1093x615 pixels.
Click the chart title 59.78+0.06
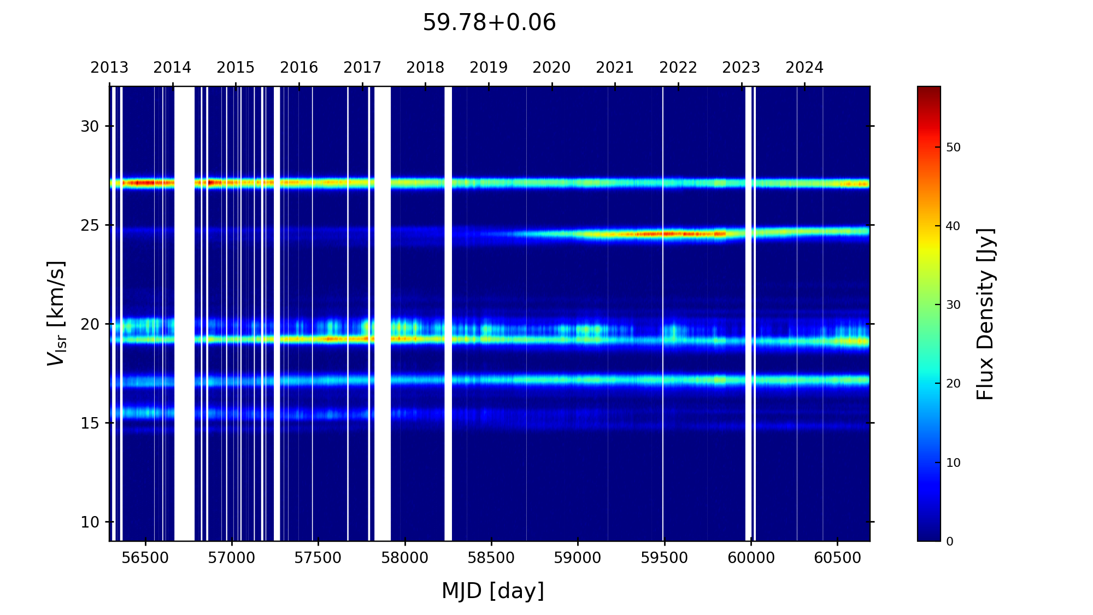[489, 23]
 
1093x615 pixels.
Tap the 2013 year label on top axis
[109, 68]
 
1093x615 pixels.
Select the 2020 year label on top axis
[551, 68]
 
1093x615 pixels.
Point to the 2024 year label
[804, 68]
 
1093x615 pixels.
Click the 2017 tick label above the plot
[362, 68]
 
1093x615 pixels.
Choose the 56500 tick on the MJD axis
[145, 558]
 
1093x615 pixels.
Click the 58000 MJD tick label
[405, 558]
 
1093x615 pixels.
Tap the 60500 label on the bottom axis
[837, 558]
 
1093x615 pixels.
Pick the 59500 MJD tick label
[664, 558]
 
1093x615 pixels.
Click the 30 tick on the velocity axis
[90, 127]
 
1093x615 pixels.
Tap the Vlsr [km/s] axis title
[56, 313]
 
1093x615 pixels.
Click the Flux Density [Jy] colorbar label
[985, 314]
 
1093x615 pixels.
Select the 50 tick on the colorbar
[953, 148]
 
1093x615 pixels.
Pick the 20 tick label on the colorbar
[953, 384]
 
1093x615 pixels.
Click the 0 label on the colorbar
[950, 541]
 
